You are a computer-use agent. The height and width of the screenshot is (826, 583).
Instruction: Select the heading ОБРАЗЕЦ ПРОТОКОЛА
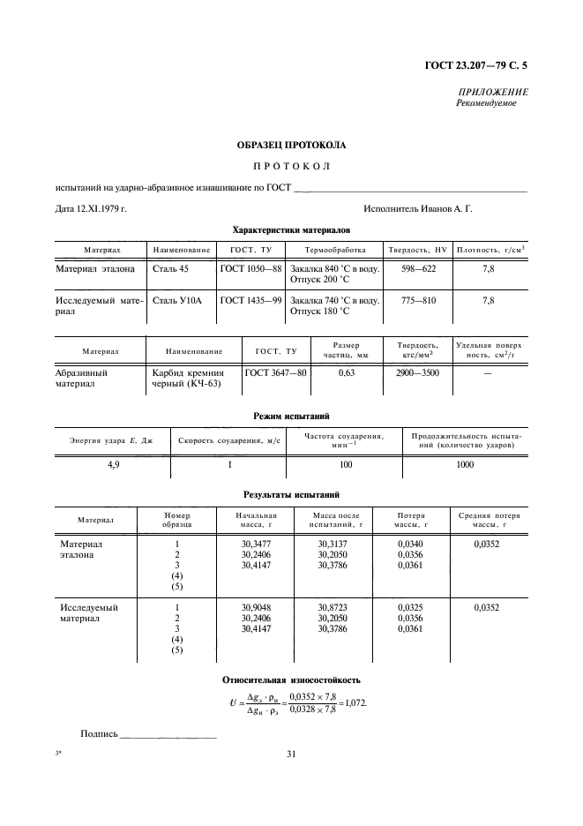(x=291, y=144)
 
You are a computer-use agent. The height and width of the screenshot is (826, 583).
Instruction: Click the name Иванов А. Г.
(x=445, y=209)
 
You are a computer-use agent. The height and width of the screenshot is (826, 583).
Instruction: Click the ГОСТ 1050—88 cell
(x=250, y=268)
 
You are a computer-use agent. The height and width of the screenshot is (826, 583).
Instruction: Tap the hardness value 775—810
(x=419, y=301)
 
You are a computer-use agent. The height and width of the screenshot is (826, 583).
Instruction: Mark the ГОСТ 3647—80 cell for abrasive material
(x=275, y=373)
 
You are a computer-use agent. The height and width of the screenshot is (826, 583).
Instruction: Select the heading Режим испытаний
(x=291, y=416)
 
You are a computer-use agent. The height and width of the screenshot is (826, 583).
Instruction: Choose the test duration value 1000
(x=466, y=464)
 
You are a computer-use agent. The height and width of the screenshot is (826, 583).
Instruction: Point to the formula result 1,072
(x=353, y=704)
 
